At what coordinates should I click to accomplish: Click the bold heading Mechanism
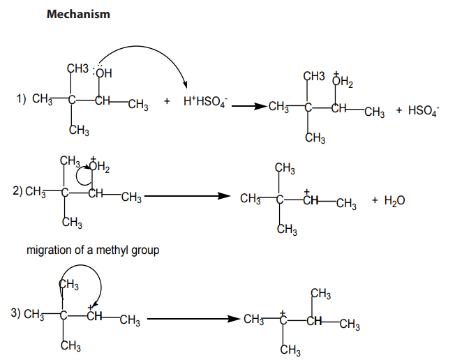click(x=78, y=14)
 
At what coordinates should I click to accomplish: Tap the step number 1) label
click(x=21, y=99)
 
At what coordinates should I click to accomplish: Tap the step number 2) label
click(x=17, y=191)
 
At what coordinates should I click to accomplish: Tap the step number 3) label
click(x=16, y=313)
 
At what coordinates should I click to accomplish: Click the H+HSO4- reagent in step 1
click(x=205, y=102)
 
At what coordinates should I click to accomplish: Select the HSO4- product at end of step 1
click(x=424, y=111)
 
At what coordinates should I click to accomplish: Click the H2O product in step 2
click(x=394, y=201)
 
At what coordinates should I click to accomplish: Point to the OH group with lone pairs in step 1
click(x=102, y=72)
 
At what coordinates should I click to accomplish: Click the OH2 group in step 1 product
click(x=343, y=81)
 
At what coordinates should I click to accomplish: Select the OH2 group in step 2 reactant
click(x=99, y=166)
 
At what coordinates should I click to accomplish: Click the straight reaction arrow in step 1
click(x=249, y=106)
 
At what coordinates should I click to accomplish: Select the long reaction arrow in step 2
click(x=187, y=196)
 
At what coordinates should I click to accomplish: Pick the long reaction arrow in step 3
click(x=193, y=319)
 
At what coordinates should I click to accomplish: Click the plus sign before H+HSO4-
click(x=167, y=101)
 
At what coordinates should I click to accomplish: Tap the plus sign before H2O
click(x=375, y=200)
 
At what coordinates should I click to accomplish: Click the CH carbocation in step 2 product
click(x=311, y=198)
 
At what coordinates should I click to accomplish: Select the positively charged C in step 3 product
click(x=283, y=318)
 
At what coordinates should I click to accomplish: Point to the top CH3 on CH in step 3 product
click(x=320, y=294)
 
